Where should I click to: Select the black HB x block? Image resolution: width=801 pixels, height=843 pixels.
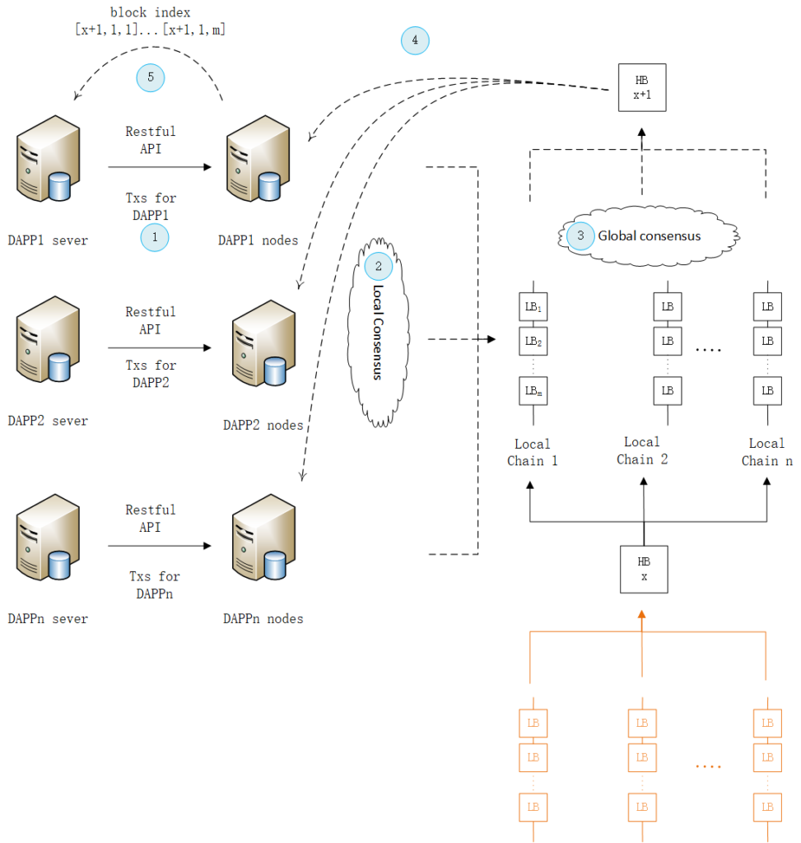coord(644,569)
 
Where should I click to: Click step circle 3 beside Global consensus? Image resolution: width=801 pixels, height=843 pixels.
coord(580,235)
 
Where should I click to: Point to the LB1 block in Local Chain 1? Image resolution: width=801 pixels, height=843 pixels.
coord(533,307)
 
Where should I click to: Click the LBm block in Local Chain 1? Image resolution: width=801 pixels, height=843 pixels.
coord(533,389)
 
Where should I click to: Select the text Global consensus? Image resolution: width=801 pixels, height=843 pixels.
coord(649,236)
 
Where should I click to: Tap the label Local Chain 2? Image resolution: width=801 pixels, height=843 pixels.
coord(642,450)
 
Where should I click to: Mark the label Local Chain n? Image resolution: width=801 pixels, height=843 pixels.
coord(766,452)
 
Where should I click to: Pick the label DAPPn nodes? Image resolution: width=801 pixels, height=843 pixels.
coord(263,618)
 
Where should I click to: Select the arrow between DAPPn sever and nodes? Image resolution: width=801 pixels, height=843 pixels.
coord(161,546)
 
